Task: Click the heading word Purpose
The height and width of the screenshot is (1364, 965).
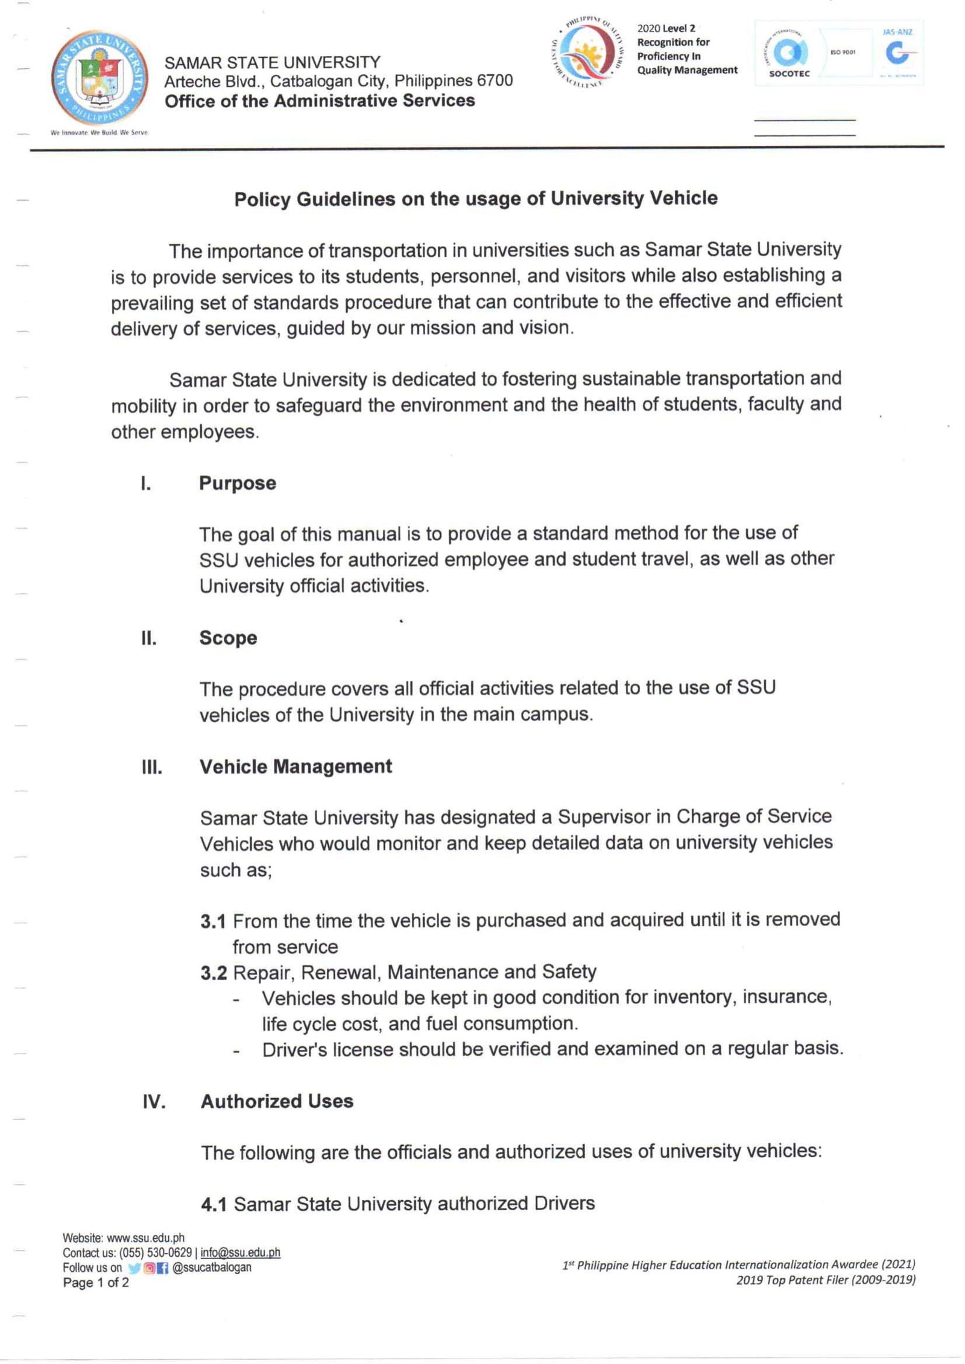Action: pyautogui.click(x=238, y=484)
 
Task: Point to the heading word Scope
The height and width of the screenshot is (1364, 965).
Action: pyautogui.click(x=228, y=638)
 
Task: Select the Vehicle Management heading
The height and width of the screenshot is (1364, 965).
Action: pyautogui.click(x=296, y=766)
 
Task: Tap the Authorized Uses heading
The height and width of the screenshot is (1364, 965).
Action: pyautogui.click(x=277, y=1101)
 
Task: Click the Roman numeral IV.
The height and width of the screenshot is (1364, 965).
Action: pyautogui.click(x=154, y=1102)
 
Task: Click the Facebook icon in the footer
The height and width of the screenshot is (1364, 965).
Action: pyautogui.click(x=163, y=1268)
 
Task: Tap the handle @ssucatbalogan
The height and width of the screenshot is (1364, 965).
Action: pyautogui.click(x=212, y=1268)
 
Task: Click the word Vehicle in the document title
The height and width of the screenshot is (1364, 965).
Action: pyautogui.click(x=684, y=198)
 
